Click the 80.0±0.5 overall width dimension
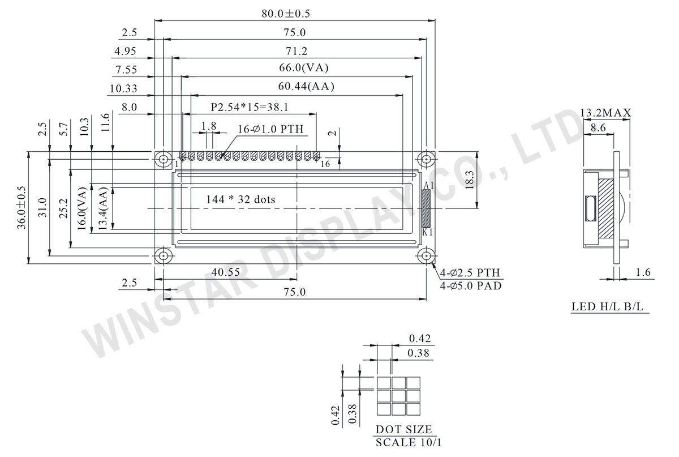286,14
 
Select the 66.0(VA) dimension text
304,67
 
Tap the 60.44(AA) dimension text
306,87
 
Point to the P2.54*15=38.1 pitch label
250,107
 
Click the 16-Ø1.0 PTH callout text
270,129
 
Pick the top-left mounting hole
164,159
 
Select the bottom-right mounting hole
426,256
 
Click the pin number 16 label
325,164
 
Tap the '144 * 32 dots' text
240,199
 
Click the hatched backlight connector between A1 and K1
426,208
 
